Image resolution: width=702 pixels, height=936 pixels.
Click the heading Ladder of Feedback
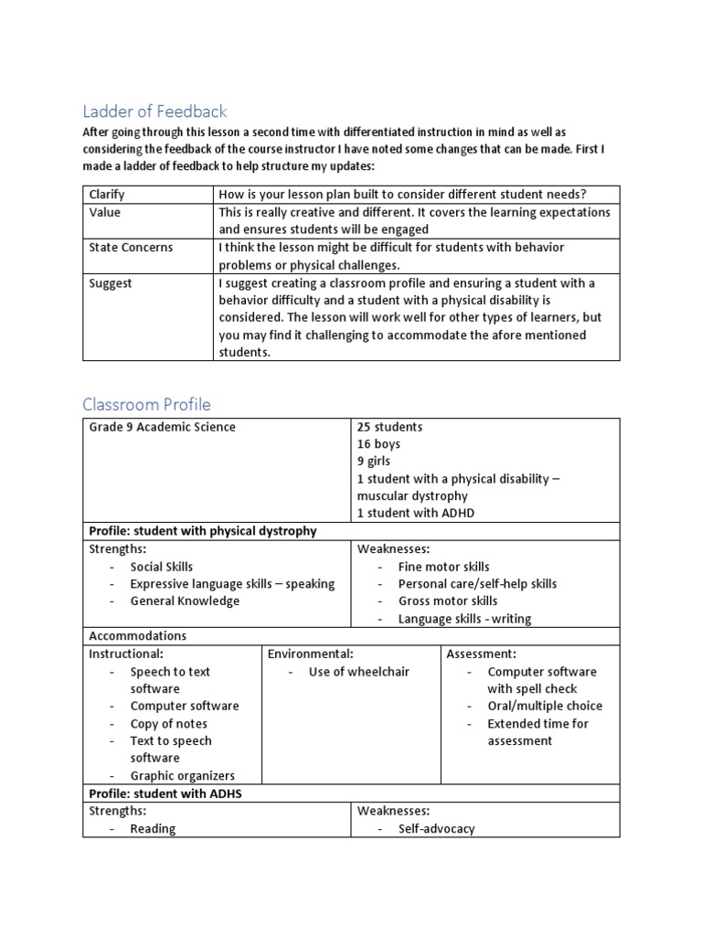(x=154, y=112)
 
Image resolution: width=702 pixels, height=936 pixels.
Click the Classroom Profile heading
(x=146, y=404)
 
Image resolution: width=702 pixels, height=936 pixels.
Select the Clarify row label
(x=107, y=195)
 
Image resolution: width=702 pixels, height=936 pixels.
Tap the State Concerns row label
(x=131, y=248)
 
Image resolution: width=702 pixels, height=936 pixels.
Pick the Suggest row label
(x=111, y=283)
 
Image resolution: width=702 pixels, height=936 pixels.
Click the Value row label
(x=105, y=212)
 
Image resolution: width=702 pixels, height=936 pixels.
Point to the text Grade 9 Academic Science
(x=162, y=427)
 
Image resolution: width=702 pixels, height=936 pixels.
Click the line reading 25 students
(x=389, y=427)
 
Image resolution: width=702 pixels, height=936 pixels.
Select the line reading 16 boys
(x=378, y=444)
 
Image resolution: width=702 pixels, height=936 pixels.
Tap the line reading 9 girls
(x=377, y=462)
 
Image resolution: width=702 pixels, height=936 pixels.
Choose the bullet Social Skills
(x=161, y=567)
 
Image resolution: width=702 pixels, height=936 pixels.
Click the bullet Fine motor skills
(x=443, y=567)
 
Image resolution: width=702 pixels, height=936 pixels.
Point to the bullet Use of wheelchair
(x=358, y=672)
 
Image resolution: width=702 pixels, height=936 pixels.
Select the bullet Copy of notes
(x=168, y=724)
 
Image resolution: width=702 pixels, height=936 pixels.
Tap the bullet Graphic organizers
(x=182, y=775)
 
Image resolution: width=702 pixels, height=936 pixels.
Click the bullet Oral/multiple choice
(x=545, y=706)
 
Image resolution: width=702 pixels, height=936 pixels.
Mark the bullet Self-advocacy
(x=436, y=828)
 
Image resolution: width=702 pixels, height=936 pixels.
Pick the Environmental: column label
(x=310, y=654)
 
